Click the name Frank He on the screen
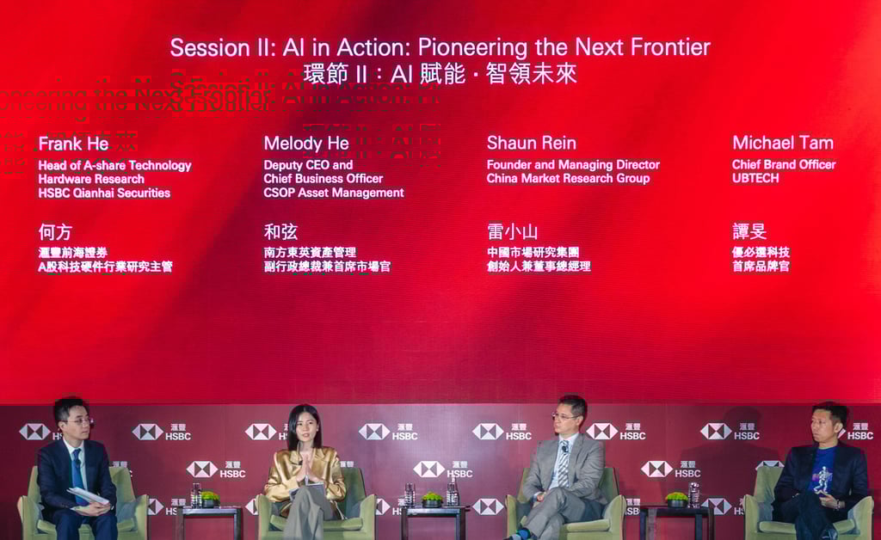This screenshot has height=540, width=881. click(x=73, y=144)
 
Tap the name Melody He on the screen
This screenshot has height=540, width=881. click(x=306, y=144)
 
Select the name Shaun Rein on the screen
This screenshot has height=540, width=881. click(x=531, y=144)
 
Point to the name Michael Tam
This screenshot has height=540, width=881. click(x=782, y=143)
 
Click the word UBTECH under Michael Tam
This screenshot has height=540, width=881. click(x=755, y=178)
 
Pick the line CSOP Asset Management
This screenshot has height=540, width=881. click(x=333, y=193)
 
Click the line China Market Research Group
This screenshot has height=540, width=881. click(x=568, y=179)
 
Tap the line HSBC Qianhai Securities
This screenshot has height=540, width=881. click(x=104, y=193)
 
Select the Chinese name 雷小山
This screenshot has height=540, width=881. click(x=512, y=231)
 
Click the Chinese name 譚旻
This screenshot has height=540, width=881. click(x=749, y=231)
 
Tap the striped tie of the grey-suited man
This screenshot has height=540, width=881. click(x=563, y=465)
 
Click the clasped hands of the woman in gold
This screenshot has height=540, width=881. click(x=304, y=469)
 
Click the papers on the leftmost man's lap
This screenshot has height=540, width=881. click(x=88, y=496)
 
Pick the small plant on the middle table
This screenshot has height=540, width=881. click(x=432, y=497)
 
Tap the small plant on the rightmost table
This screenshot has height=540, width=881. click(x=677, y=497)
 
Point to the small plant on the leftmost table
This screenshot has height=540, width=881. click(x=210, y=497)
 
